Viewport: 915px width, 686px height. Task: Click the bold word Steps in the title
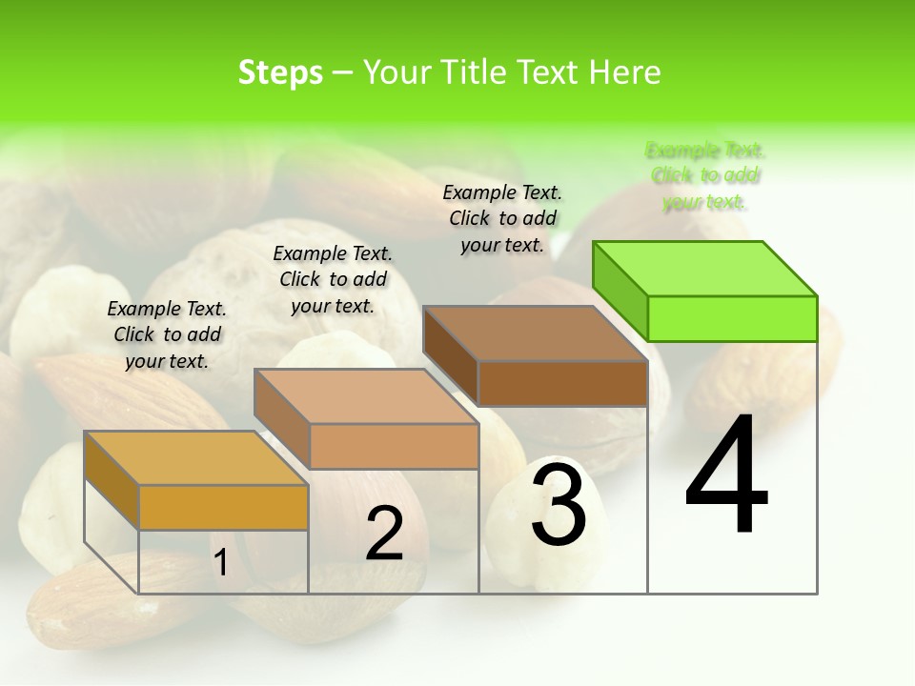point(280,72)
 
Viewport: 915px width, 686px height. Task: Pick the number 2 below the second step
point(384,534)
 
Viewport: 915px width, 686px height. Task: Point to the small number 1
point(220,562)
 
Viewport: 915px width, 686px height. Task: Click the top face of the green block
point(705,268)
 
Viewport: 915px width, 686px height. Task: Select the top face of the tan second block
point(365,396)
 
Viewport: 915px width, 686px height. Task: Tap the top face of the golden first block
point(195,458)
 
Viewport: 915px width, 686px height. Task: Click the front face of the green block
point(732,318)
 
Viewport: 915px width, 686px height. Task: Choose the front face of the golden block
point(223,507)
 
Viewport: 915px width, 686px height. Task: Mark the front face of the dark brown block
point(562,383)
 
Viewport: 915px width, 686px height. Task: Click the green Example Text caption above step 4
point(705,176)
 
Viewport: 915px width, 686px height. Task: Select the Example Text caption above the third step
point(502,219)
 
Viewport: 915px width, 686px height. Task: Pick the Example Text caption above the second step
point(333,279)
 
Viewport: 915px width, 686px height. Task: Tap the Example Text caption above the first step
point(167,334)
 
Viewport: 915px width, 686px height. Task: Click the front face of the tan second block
point(394,446)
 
